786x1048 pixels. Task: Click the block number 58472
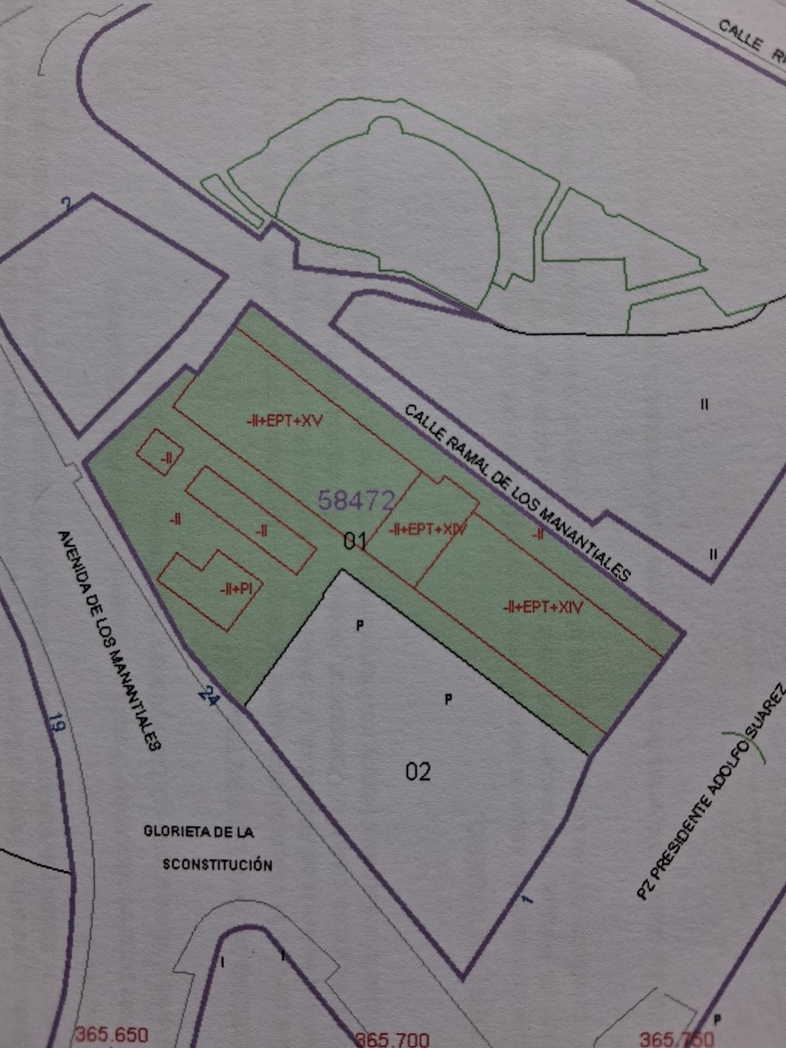tap(356, 500)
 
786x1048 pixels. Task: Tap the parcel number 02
tap(419, 772)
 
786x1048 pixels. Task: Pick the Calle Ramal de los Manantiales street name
tap(517, 493)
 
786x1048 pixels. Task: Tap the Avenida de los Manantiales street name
tap(109, 639)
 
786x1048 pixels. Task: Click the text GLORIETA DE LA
tap(198, 833)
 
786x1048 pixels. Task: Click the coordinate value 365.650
tap(111, 1035)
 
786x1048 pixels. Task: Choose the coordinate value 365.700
tap(392, 1039)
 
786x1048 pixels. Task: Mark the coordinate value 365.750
tap(677, 1039)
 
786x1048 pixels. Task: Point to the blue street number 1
tap(525, 900)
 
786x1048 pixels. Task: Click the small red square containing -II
tap(160, 453)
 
